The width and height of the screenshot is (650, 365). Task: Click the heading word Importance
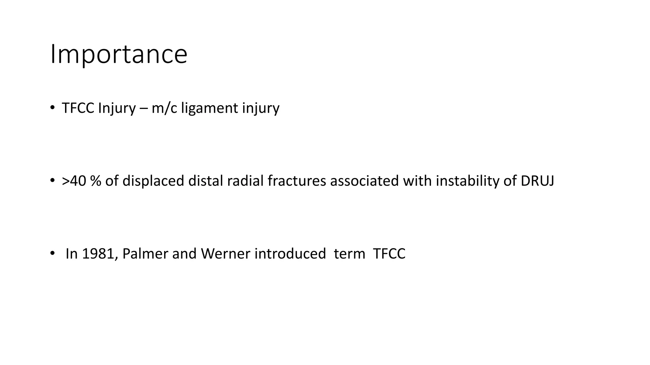(x=119, y=54)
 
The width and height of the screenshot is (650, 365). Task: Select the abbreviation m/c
(x=164, y=108)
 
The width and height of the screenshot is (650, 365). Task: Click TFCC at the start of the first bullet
(x=78, y=108)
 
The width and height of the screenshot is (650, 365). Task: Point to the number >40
(x=74, y=181)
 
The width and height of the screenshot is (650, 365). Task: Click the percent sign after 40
(x=96, y=181)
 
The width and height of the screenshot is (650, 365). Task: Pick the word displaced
(x=153, y=181)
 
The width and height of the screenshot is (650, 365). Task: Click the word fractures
(x=297, y=181)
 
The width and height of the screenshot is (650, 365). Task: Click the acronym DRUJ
(x=537, y=181)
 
